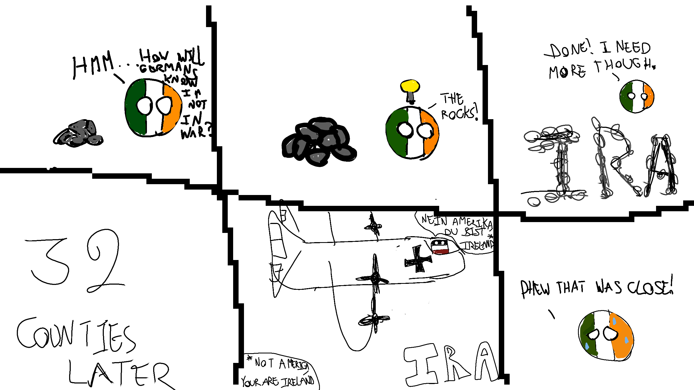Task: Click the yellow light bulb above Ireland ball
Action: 410,86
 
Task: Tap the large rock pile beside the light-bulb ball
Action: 319,142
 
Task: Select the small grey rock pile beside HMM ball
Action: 79,134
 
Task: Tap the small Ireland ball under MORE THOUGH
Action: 637,96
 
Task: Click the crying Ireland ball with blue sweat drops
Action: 606,336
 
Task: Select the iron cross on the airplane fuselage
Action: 417,259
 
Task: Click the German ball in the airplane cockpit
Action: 440,246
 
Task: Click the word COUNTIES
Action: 76,336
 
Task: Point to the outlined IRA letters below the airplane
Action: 450,363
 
